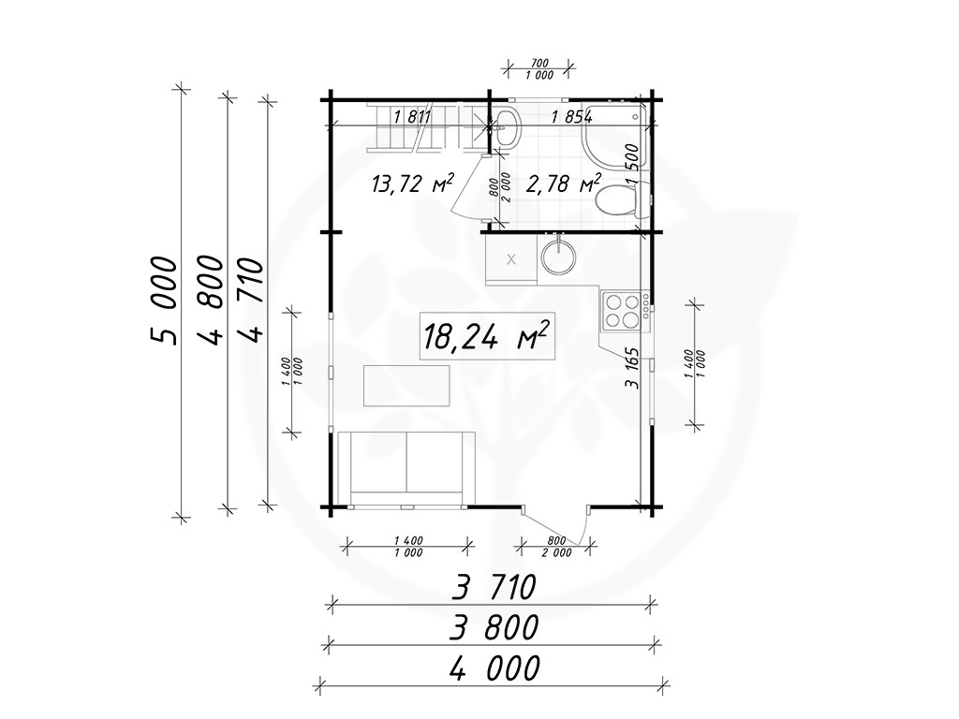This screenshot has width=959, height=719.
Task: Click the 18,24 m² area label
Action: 487,336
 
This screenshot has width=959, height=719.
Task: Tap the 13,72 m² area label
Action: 413,183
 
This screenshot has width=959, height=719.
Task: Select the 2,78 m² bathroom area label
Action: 563,183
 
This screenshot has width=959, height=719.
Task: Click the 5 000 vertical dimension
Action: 163,301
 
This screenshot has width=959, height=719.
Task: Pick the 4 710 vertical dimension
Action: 251,300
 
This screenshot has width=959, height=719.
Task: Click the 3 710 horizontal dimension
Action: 494,587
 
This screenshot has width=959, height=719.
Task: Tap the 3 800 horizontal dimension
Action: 494,627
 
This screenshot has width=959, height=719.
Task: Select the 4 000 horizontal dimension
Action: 494,668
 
